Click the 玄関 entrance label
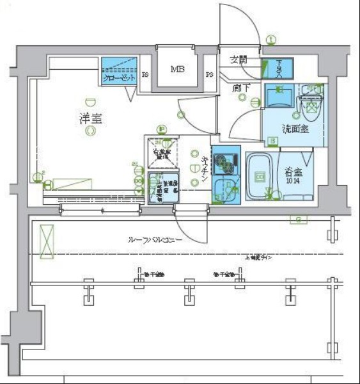[x=239, y=60]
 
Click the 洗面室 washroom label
[x=296, y=129]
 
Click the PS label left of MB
[x=146, y=75]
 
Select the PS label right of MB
[x=209, y=75]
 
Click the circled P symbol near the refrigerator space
[x=162, y=129]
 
